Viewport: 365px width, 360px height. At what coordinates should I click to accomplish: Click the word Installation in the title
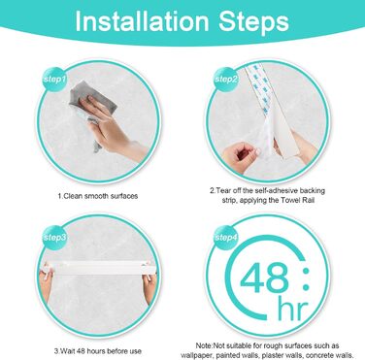[x=142, y=21]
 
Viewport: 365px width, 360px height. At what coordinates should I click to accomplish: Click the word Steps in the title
[x=253, y=22]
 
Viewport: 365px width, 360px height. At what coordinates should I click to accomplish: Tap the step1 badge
[x=54, y=79]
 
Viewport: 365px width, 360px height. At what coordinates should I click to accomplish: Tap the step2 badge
[x=226, y=79]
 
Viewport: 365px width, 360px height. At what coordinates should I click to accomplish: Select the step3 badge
[x=54, y=238]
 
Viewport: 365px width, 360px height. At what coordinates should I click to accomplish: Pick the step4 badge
[x=226, y=238]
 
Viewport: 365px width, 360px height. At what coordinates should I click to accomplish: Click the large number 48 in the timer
[x=264, y=278]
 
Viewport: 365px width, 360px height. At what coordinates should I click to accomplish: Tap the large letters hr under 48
[x=292, y=310]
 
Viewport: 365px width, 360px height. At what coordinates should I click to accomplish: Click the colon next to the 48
[x=305, y=278]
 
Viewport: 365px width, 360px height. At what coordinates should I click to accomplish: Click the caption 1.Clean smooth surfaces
[x=98, y=196]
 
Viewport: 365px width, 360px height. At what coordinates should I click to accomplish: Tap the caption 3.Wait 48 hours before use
[x=97, y=351]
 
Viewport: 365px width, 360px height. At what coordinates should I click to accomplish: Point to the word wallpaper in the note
[x=196, y=355]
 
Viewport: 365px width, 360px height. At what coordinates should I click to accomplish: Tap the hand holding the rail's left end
[x=47, y=281]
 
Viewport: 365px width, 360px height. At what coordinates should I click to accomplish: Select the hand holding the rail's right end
[x=150, y=284]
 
